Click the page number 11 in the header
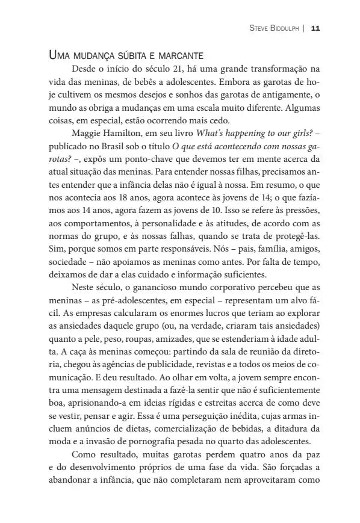[x=315, y=28]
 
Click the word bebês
[x=145, y=82]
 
